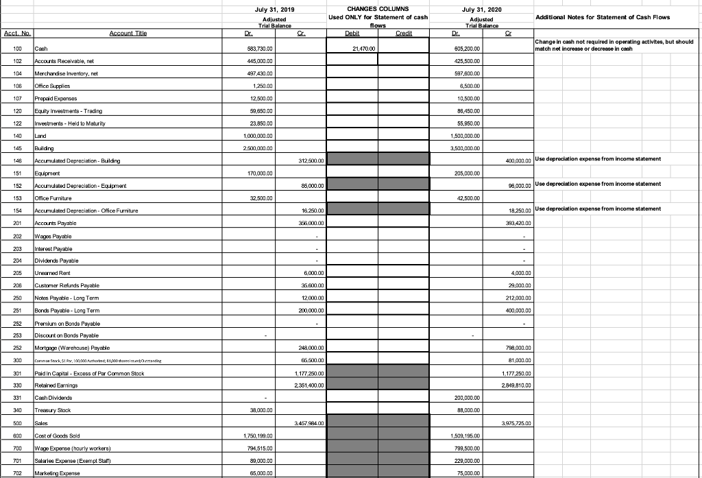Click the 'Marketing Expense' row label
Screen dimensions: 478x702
60,473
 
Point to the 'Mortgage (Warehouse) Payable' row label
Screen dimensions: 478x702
77,348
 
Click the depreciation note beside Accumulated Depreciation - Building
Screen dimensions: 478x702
596,159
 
